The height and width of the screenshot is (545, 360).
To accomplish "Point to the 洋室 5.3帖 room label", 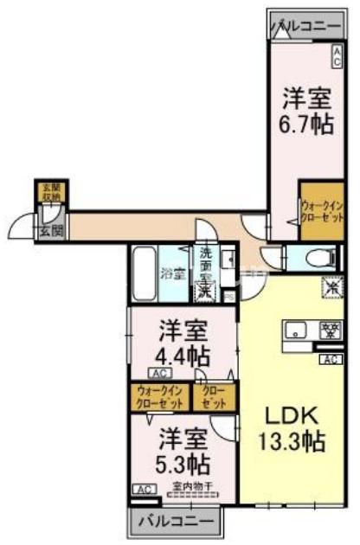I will click(182, 448).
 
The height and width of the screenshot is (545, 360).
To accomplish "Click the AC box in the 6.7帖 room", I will click(337, 56).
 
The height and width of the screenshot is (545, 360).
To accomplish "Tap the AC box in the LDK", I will click(329, 360).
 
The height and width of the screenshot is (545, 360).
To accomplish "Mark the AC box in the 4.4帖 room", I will click(158, 373).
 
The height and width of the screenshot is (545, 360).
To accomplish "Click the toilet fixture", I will click(319, 258).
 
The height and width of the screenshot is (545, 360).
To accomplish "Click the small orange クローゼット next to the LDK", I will click(214, 396).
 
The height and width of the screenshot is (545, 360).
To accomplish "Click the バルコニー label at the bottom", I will click(176, 522).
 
